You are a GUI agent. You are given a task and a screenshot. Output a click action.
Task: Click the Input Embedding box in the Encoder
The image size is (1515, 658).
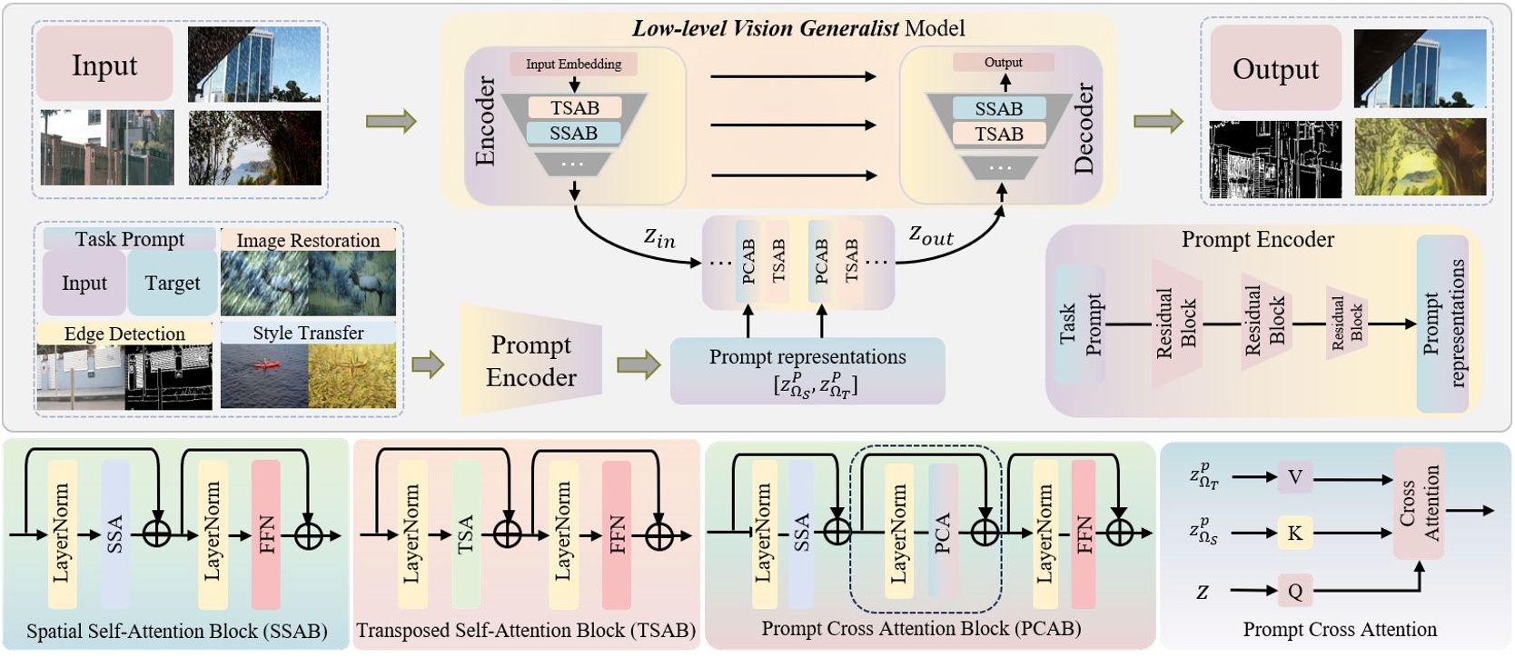573,64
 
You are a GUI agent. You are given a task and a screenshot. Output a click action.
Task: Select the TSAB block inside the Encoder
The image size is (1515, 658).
574,108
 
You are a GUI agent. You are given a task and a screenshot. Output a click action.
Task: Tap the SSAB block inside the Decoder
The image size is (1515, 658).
998,109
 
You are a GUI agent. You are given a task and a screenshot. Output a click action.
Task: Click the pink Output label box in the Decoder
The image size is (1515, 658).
1003,62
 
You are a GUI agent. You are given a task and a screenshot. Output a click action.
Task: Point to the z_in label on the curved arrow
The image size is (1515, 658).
660,238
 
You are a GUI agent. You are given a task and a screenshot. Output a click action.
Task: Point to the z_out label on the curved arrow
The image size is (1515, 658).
931,235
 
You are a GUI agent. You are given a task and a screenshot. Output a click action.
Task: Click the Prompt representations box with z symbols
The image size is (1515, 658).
807,371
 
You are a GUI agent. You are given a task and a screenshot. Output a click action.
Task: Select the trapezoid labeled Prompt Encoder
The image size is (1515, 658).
531,361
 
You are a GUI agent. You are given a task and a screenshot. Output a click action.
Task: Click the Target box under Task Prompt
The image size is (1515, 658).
173,284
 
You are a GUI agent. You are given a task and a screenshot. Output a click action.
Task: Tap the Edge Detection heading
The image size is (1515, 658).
124,334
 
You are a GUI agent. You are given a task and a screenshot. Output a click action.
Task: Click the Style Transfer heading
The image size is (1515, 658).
308,333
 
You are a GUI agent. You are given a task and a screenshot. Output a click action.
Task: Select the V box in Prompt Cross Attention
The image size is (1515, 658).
1294,477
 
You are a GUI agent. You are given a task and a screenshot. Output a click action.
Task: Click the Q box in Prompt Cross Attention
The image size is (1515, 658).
1294,592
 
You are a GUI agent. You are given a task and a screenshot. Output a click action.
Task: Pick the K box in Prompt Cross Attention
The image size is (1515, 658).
1294,533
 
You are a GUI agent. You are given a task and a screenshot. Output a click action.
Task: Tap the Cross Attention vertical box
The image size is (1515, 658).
1419,503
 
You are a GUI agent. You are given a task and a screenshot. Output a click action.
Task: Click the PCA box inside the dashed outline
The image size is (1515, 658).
943,533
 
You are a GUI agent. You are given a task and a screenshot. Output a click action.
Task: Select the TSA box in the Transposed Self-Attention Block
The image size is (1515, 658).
466,533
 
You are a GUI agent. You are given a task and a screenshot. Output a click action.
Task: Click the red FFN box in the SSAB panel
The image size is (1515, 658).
266,533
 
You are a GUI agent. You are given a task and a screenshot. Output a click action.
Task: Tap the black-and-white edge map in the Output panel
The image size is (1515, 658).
1275,160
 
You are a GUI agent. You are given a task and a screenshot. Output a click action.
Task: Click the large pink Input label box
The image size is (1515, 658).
104,65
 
